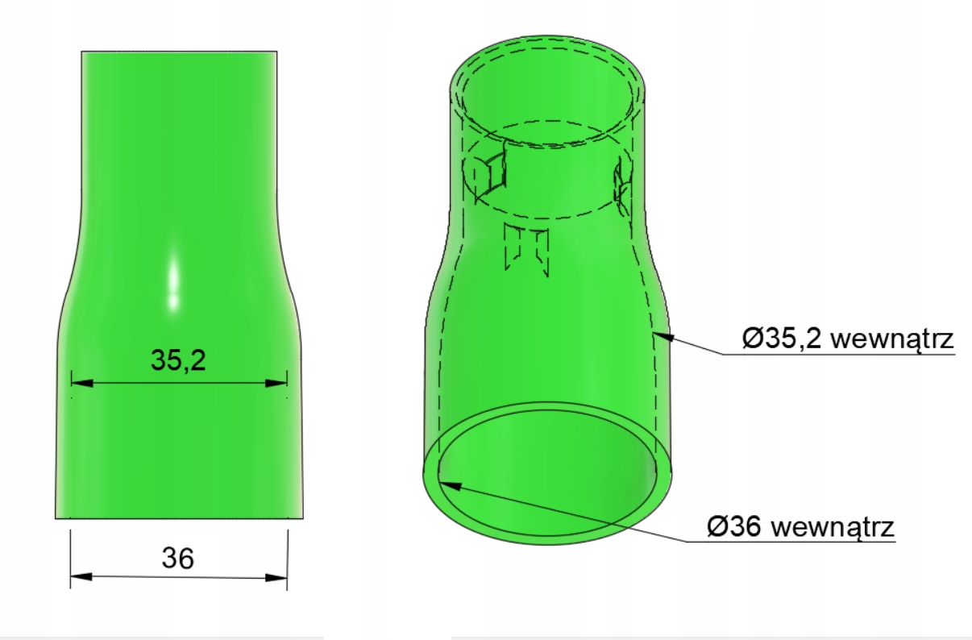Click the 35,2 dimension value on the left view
178,360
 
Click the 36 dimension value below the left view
178,557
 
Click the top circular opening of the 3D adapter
549,89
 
